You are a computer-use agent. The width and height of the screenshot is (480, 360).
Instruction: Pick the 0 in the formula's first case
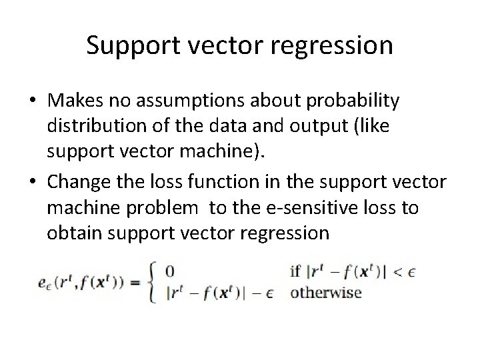coord(169,272)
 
